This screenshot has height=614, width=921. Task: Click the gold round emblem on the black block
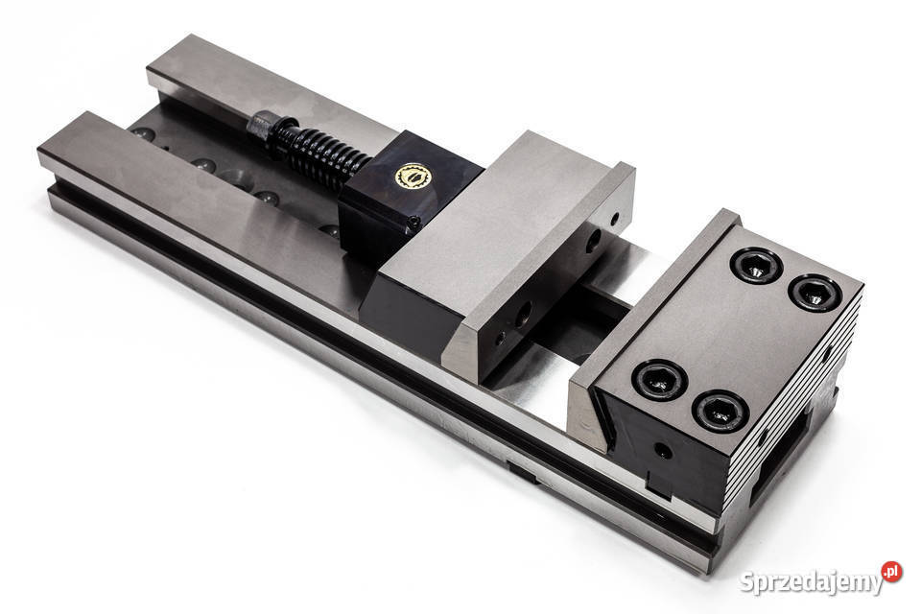tap(413, 177)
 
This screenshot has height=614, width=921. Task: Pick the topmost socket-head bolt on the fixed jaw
tap(757, 266)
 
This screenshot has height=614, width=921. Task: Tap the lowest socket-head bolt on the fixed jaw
tap(720, 411)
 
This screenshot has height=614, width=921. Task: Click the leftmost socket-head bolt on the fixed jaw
tap(660, 379)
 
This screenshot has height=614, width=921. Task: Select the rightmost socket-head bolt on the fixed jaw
tap(815, 292)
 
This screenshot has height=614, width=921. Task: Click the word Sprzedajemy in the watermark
tap(812, 582)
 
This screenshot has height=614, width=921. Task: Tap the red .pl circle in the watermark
tap(891, 571)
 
